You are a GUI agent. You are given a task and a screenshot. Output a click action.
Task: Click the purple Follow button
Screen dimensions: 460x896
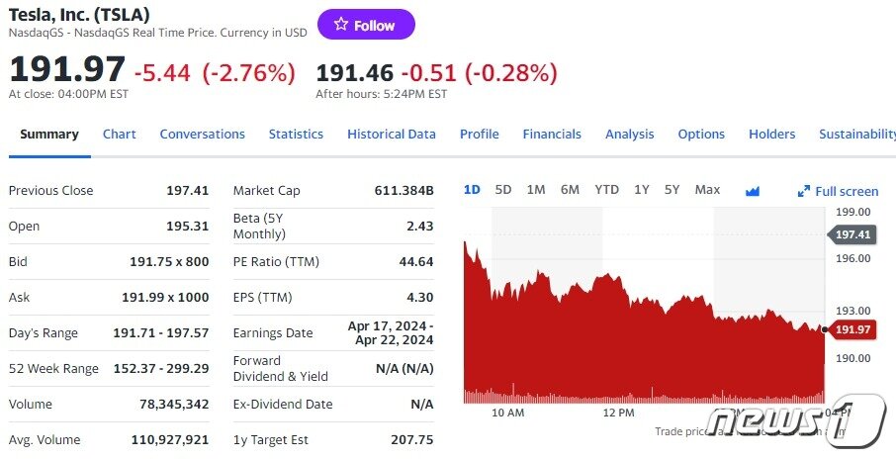click(366, 25)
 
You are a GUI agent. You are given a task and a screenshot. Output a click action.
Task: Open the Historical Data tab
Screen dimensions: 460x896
click(391, 134)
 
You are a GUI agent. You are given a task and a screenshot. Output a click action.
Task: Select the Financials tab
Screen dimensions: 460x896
click(552, 134)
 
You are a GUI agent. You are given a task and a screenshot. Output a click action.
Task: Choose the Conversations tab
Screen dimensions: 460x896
click(202, 134)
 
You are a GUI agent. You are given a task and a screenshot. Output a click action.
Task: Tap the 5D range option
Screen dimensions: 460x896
click(503, 189)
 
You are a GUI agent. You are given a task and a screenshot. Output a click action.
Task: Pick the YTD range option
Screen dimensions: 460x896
click(606, 189)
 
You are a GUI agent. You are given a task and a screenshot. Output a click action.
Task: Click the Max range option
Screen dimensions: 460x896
click(707, 189)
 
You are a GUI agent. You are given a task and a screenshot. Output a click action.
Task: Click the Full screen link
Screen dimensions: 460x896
click(839, 191)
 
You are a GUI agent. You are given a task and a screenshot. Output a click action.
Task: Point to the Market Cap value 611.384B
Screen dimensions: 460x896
click(403, 190)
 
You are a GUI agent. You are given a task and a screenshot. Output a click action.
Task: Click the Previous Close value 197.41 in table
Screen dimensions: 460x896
click(187, 190)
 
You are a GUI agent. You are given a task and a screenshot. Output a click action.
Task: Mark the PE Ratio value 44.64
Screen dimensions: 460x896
click(415, 261)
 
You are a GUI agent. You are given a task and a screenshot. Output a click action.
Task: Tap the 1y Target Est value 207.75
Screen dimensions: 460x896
click(411, 439)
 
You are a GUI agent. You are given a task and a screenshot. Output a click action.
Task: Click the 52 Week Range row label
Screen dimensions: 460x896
click(53, 368)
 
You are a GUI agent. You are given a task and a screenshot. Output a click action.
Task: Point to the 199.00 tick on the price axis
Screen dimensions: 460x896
click(852, 212)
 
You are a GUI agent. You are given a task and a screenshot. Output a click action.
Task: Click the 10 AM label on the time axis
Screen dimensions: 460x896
click(507, 413)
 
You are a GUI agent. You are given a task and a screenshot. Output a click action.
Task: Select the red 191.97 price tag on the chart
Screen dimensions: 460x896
click(852, 329)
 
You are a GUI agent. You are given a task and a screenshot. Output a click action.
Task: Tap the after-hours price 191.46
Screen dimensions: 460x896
click(354, 72)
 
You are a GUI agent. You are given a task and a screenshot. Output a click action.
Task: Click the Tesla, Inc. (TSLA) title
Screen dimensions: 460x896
click(79, 14)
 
